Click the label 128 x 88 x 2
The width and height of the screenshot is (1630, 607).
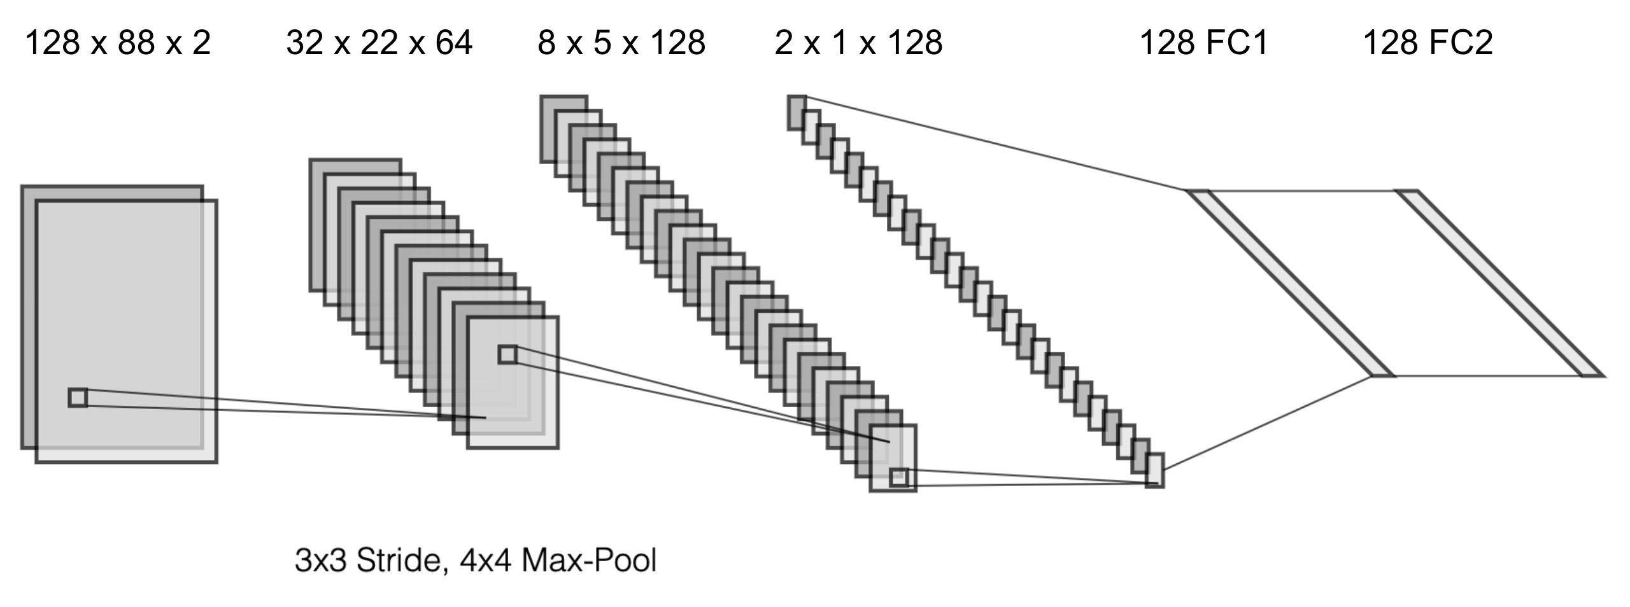pos(118,44)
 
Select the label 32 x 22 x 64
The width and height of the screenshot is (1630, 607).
pos(379,44)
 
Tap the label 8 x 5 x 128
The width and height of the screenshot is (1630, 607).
pos(621,44)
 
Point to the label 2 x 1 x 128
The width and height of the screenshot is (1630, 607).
pos(858,44)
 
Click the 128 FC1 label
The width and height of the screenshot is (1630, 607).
pos(1203,44)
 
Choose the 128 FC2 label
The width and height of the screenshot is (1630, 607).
pos(1428,44)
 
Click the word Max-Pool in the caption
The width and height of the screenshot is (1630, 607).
pos(589,561)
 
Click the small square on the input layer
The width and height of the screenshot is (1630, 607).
pos(78,398)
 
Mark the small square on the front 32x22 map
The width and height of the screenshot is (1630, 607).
pos(507,354)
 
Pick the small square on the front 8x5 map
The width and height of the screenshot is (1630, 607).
pos(898,477)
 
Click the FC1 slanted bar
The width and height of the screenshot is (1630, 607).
pos(1289,283)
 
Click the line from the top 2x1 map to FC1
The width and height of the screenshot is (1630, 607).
pos(993,143)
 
